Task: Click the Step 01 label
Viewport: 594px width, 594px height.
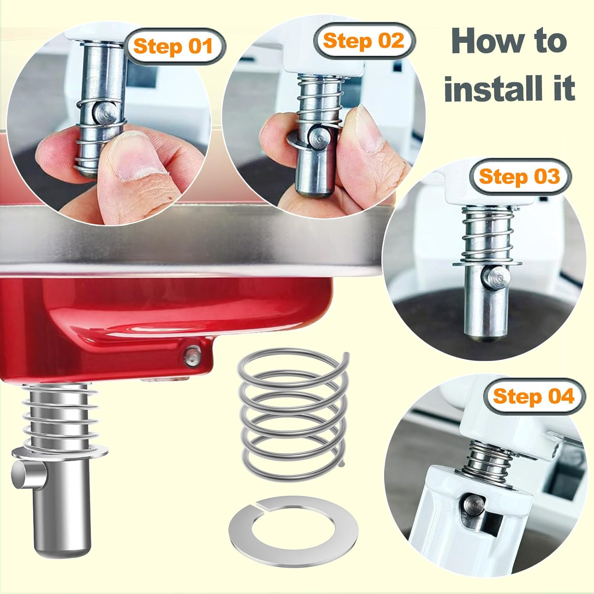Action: [173, 46]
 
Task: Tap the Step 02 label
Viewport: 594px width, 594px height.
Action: [363, 41]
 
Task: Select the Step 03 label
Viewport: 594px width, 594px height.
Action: [519, 176]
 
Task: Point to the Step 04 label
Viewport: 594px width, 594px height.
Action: [533, 396]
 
